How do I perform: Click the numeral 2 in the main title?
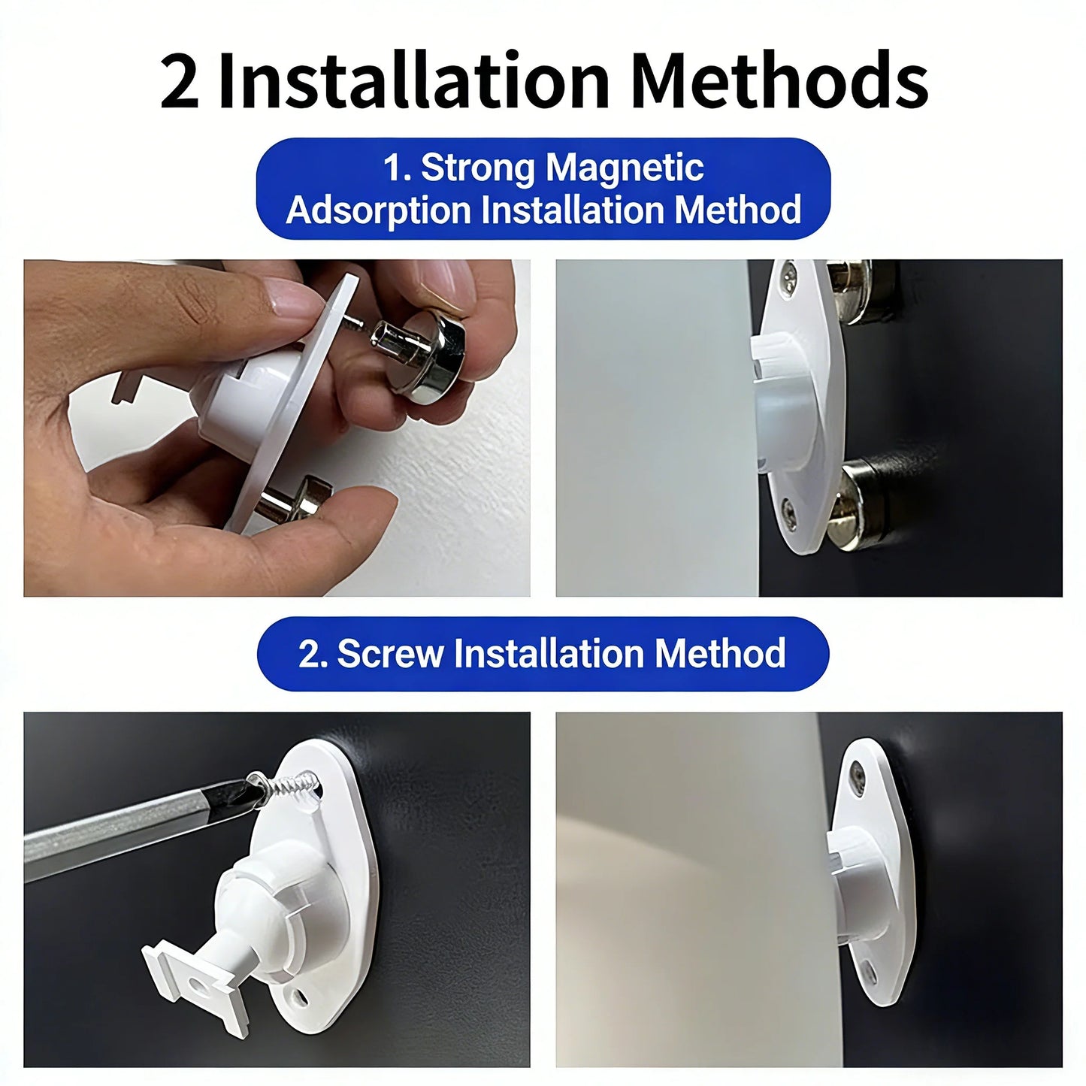coord(179,80)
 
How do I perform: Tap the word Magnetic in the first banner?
coord(625,168)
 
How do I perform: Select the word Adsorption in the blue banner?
coord(378,210)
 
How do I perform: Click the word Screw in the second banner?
coord(389,654)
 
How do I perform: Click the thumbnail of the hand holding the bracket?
coord(277,428)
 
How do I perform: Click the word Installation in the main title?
coord(413,80)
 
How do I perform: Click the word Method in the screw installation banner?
coord(720,654)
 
